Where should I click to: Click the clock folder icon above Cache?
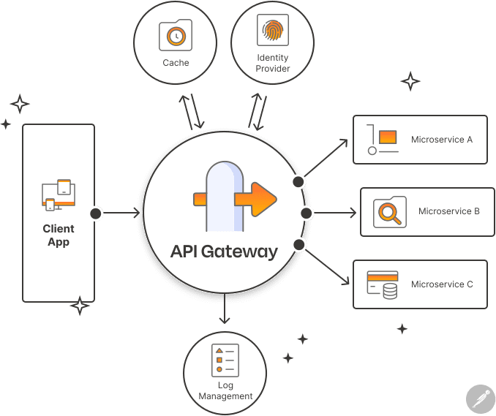coord(176,34)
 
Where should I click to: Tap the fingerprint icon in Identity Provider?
coord(272,31)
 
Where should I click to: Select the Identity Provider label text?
coord(273,63)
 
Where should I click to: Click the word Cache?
coord(176,63)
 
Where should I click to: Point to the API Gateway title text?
coord(224,252)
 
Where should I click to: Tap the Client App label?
coord(59,235)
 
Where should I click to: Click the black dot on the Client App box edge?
coord(95,213)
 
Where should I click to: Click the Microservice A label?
coord(442,139)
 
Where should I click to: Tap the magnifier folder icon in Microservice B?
coord(389,212)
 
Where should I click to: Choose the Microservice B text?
coord(448,212)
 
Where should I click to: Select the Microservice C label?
coord(442,284)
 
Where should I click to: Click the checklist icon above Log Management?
coord(225,358)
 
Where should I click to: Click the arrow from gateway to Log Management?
coord(225,311)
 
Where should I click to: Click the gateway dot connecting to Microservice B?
coord(307,213)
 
